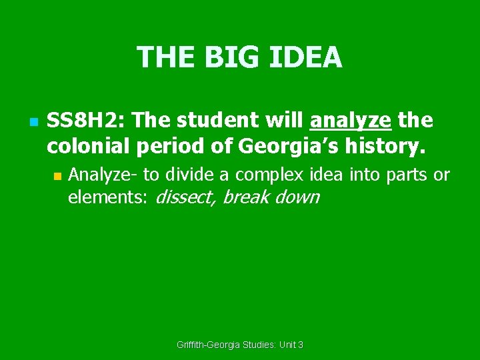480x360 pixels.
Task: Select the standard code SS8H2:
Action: (x=87, y=121)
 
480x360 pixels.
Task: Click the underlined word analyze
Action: (x=351, y=121)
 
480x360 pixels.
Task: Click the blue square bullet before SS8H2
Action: (x=32, y=122)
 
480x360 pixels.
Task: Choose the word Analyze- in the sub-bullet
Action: (x=103, y=175)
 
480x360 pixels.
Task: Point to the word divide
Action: (x=189, y=175)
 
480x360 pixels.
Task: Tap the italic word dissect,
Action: (x=185, y=198)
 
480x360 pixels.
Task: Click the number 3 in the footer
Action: (x=301, y=345)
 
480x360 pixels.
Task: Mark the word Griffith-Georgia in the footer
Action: (x=212, y=345)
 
